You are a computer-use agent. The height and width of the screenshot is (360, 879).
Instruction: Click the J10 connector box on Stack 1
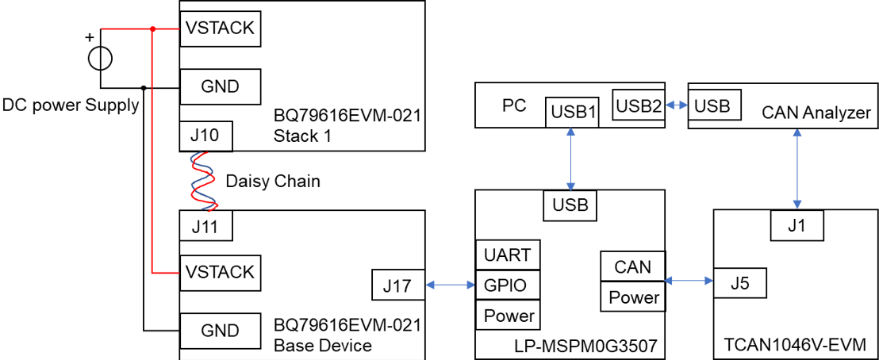tap(205, 136)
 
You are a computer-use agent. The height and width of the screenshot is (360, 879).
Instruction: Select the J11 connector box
tap(205, 227)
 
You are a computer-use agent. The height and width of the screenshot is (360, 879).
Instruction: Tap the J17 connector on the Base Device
tap(397, 285)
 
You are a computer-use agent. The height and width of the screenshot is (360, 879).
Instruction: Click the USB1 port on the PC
tap(570, 112)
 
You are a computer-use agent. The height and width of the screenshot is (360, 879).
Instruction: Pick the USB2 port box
tap(639, 105)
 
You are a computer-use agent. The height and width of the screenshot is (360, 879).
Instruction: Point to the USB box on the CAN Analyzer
tap(714, 105)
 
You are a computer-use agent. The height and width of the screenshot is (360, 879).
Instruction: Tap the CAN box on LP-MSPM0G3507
tap(632, 267)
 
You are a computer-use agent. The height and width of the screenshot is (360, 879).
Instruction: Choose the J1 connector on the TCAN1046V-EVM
tap(797, 226)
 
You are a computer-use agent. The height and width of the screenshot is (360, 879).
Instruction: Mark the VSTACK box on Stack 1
tap(220, 29)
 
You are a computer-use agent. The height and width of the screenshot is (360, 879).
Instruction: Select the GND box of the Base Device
tap(220, 331)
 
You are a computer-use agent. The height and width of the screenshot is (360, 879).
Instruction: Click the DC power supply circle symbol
tap(100, 59)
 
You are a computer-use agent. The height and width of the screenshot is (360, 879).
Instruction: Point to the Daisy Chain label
tap(273, 181)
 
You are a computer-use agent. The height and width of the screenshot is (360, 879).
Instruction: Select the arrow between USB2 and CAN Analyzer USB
tap(675, 105)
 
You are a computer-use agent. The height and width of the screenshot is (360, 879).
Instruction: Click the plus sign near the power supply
tap(89, 36)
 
